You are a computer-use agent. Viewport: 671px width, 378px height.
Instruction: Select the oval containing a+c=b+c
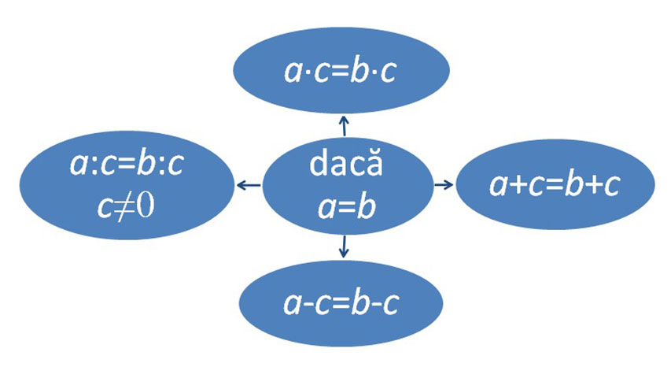pos(555,185)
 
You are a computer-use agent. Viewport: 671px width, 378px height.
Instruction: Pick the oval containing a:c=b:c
pos(126,185)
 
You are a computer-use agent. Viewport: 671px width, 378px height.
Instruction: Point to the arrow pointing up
pos(343,124)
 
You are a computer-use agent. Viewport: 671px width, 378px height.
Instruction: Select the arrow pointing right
pos(445,185)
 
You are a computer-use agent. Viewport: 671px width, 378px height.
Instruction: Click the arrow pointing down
pos(343,250)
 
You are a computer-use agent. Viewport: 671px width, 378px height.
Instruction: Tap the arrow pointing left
pos(248,186)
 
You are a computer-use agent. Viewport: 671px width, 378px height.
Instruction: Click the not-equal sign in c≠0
pos(127,206)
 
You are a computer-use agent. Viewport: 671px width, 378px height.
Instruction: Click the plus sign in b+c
pos(595,186)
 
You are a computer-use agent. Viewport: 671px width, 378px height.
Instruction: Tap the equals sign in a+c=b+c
pos(555,186)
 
